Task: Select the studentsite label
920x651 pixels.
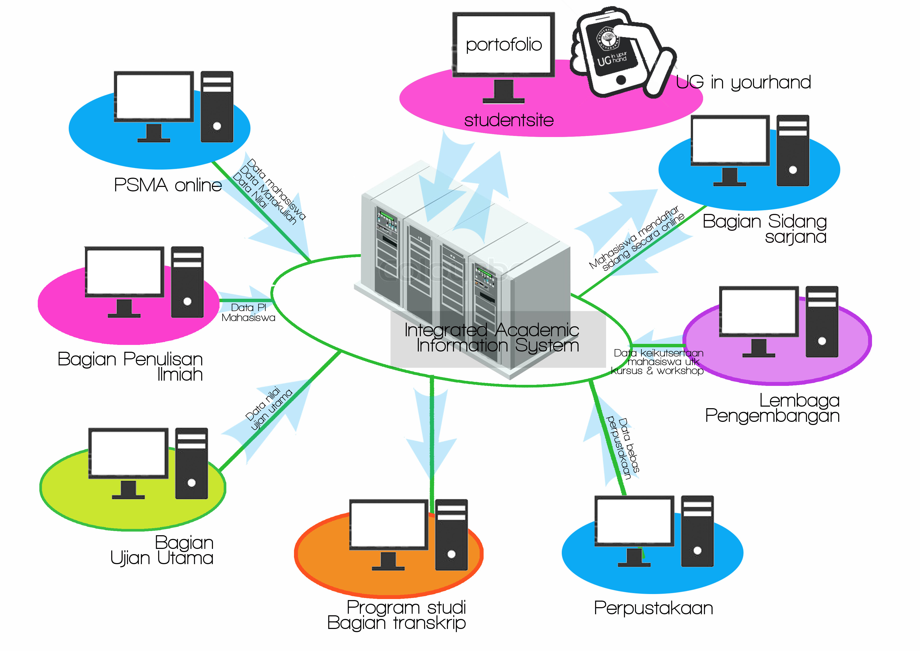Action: pyautogui.click(x=509, y=120)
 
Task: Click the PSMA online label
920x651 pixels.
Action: pyautogui.click(x=168, y=185)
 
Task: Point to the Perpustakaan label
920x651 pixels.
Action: pyautogui.click(x=653, y=608)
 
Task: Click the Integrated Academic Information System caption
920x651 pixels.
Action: pyautogui.click(x=492, y=338)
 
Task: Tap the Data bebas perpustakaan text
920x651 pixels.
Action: pyautogui.click(x=623, y=448)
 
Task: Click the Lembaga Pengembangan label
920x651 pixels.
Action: pyautogui.click(x=772, y=408)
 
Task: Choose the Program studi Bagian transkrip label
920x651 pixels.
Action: pyautogui.click(x=397, y=615)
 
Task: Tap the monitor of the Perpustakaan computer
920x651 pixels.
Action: pyautogui.click(x=634, y=521)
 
